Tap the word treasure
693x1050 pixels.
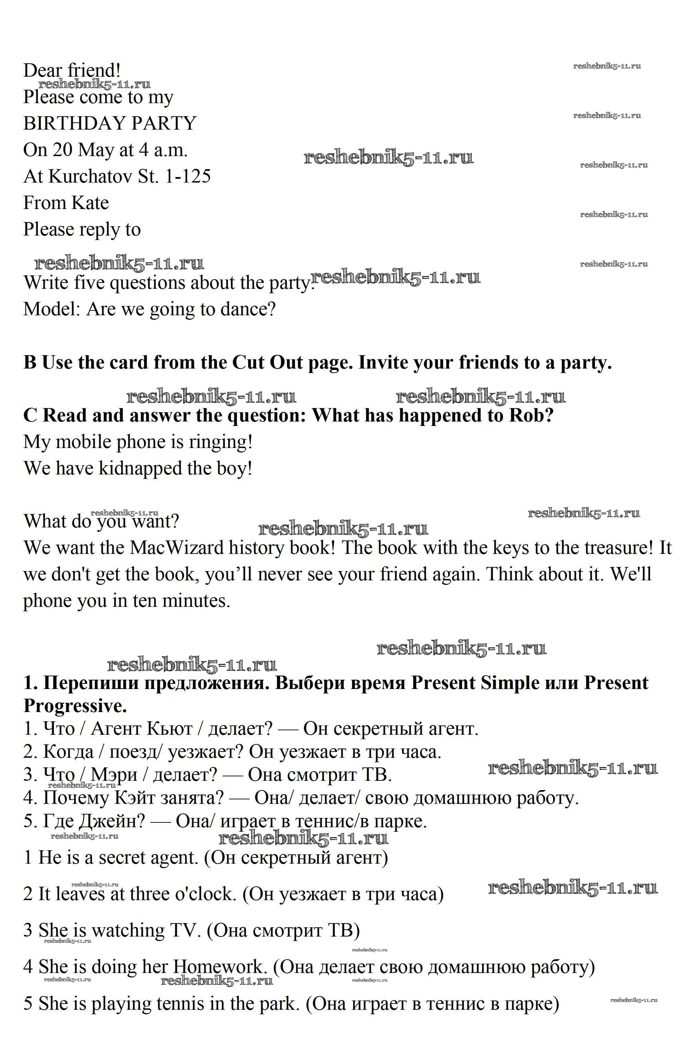click(619, 548)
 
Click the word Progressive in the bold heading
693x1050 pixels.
click(75, 706)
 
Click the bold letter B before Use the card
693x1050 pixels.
click(30, 362)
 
